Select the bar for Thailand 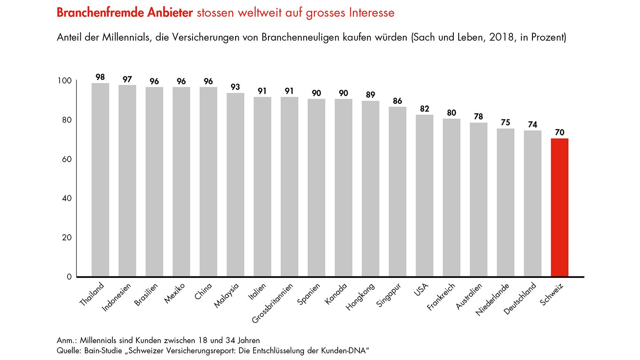point(100,180)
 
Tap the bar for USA point(424,196)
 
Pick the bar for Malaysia point(236,184)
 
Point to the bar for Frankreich point(452,197)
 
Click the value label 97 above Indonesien point(127,80)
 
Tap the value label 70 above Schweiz point(560,133)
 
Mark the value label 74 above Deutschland point(532,125)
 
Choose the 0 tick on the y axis point(69,277)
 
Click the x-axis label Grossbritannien point(272,304)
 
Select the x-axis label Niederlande point(492,299)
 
